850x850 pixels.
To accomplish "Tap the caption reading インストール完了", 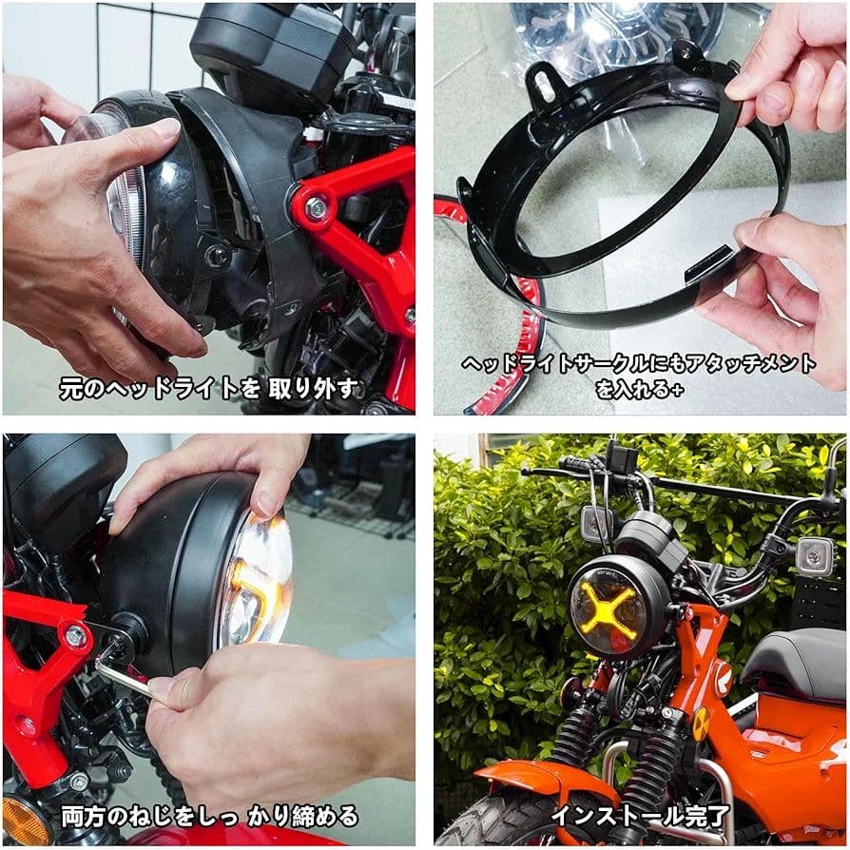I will click(x=641, y=815).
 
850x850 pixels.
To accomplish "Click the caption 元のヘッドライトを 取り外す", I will click(x=209, y=387).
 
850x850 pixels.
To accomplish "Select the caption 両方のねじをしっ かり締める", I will click(x=209, y=815).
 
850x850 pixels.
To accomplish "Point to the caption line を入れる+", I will click(x=638, y=388).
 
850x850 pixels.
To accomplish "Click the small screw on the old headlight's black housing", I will click(x=220, y=256).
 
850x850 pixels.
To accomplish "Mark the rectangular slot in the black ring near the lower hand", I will click(x=707, y=257).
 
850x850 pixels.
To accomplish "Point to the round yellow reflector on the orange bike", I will click(x=701, y=724).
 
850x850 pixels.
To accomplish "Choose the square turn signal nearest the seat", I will click(x=814, y=556).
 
